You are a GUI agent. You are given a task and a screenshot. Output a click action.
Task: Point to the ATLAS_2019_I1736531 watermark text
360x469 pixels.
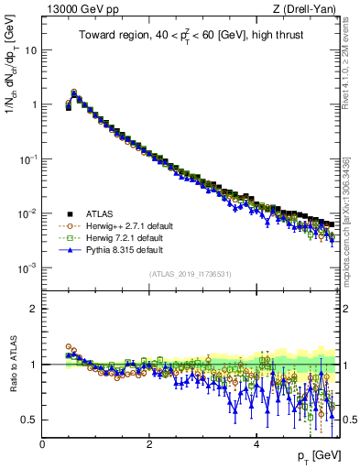190,274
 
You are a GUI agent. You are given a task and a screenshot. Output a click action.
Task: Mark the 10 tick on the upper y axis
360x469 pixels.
29,50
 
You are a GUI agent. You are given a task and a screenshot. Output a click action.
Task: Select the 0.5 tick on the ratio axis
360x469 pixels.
29,420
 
